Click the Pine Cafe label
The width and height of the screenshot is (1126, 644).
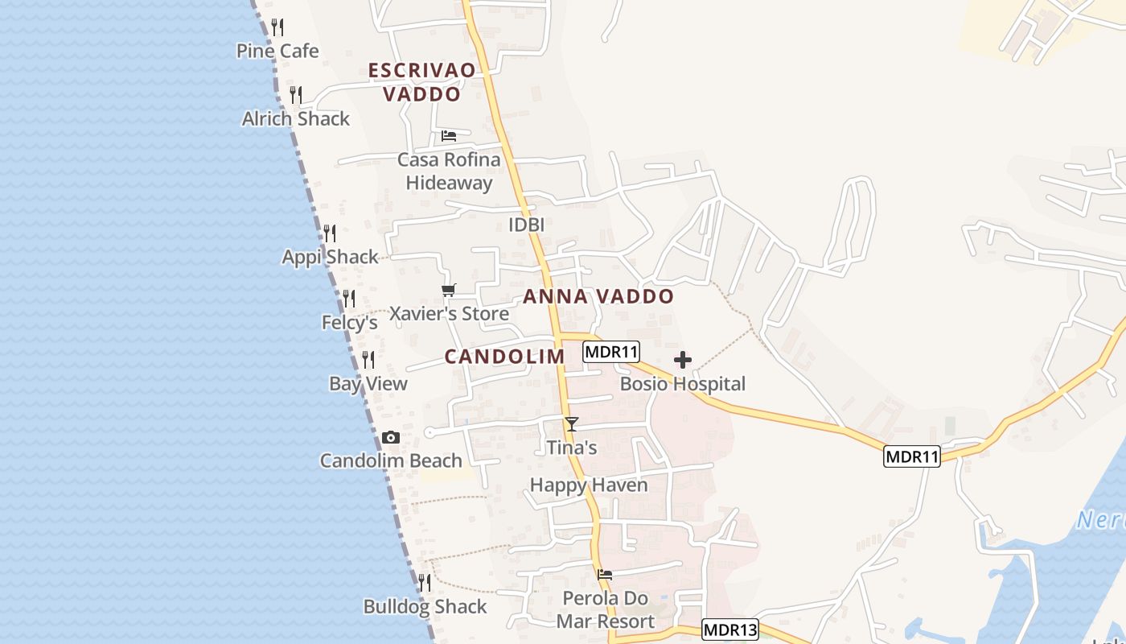[x=277, y=51]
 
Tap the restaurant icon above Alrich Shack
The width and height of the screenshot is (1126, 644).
[x=296, y=95]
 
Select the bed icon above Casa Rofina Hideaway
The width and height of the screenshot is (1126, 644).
[x=449, y=135]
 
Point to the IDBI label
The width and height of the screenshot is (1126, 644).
[x=526, y=225]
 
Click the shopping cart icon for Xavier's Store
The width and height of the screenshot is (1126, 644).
[x=448, y=290]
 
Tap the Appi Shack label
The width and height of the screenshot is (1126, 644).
[x=330, y=257]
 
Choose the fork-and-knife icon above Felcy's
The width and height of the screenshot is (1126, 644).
[x=349, y=299]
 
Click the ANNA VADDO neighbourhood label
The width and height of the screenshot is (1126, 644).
[x=598, y=296]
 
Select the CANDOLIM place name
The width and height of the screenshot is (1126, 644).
[x=504, y=356]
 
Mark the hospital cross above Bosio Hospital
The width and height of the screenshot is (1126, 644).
[x=683, y=360]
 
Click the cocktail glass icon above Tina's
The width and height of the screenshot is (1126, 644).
[x=572, y=423]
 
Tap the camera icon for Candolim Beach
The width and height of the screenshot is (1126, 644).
[x=391, y=438]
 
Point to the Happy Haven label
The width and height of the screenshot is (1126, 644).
[x=589, y=485]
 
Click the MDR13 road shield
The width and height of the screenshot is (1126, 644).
[x=730, y=630]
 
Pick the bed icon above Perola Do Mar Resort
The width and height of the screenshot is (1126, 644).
[x=605, y=575]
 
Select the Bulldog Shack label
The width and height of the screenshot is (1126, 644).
[x=425, y=606]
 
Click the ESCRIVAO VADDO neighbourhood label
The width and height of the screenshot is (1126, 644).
[x=422, y=82]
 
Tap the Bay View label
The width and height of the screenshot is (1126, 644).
[x=368, y=383]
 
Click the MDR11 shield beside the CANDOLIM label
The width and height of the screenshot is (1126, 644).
[x=611, y=352]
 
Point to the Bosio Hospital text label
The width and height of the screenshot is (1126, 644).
[x=683, y=384]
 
